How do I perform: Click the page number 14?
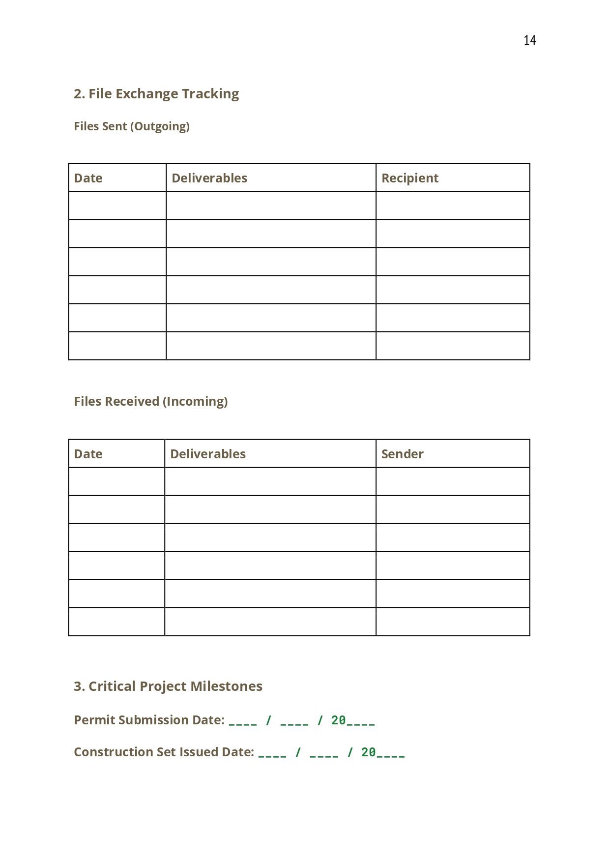(529, 40)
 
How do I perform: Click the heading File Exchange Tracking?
(156, 94)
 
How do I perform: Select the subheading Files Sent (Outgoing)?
(132, 126)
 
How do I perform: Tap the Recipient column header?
(410, 178)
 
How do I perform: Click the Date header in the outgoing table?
(88, 178)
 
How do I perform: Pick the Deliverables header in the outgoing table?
(209, 178)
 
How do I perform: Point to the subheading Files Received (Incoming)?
(151, 401)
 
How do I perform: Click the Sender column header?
(402, 454)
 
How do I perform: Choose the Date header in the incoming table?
(88, 454)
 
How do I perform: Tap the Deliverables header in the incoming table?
(208, 454)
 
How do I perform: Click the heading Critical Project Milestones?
(168, 686)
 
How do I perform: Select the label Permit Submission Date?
(149, 720)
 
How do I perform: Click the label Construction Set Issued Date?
(164, 752)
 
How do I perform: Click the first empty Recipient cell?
(453, 206)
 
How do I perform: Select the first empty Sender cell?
(453, 481)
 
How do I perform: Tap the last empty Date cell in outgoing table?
(117, 346)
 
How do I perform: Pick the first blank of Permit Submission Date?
(243, 721)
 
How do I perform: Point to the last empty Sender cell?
(453, 622)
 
